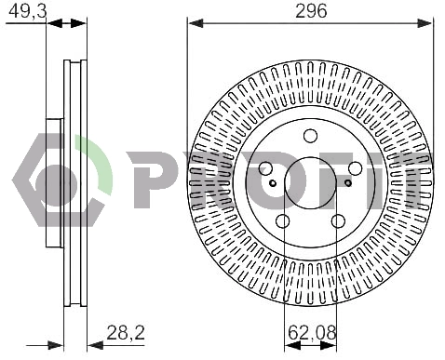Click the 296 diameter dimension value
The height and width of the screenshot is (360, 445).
[311, 11]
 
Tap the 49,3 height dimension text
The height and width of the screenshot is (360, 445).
[28, 11]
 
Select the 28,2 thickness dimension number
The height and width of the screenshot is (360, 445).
[126, 333]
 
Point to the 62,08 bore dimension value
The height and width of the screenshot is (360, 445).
[312, 333]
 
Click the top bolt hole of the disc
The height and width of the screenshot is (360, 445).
[310, 136]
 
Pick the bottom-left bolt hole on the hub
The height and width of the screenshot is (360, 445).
[283, 220]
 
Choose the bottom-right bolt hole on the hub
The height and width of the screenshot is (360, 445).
[338, 220]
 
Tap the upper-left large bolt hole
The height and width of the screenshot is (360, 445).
[265, 168]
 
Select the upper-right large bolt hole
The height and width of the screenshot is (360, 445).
[356, 168]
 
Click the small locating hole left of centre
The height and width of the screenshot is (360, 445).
[273, 183]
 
